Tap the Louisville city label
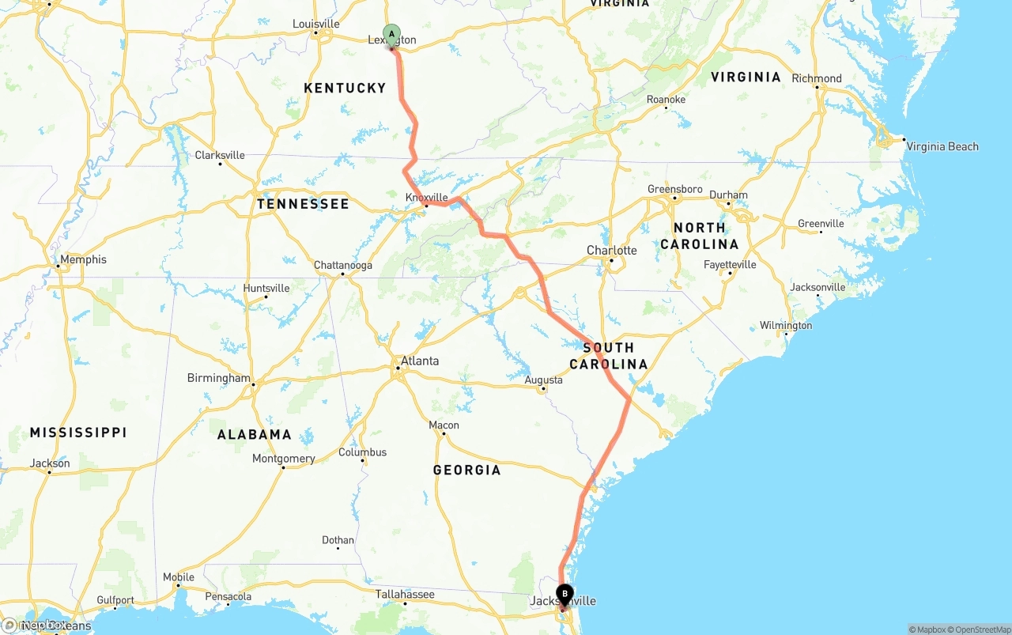[315, 24]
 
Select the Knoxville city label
[426, 198]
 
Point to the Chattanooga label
[342, 266]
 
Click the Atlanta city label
[419, 361]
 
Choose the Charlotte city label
[611, 251]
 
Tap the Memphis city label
[83, 259]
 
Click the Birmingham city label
[218, 378]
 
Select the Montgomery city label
[283, 459]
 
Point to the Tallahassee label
[405, 595]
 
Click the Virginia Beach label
[942, 146]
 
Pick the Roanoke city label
[666, 100]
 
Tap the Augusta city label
[544, 380]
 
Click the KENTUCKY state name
[345, 88]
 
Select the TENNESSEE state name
[303, 204]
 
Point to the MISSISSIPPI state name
[78, 433]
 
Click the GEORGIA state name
[466, 471]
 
